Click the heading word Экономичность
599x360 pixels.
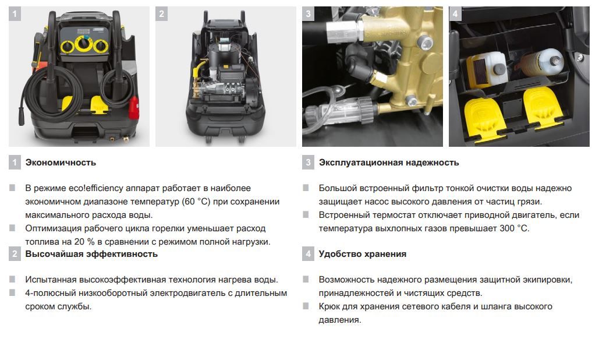pos(61,163)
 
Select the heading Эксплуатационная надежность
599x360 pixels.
pos(389,163)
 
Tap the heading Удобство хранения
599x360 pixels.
pos(362,254)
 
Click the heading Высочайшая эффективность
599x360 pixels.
pos(91,254)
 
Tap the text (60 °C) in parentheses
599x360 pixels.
pos(198,202)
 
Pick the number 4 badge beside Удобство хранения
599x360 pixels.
pos(309,254)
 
